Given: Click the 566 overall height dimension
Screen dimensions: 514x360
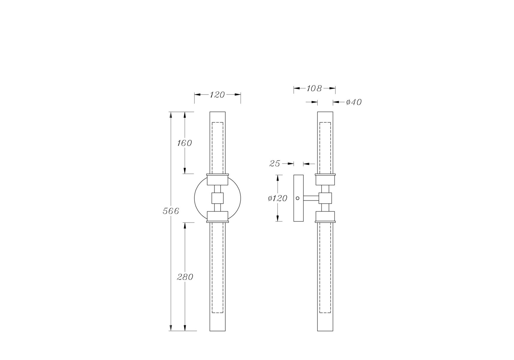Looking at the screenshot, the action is [171, 211].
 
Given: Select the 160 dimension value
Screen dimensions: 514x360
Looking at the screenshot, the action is [184, 143].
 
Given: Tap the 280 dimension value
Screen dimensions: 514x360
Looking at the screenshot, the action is [185, 277].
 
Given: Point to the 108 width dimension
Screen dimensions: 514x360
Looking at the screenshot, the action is [314, 88].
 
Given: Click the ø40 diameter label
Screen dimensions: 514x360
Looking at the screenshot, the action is [354, 102].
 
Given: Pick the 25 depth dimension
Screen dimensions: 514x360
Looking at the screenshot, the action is [275, 163].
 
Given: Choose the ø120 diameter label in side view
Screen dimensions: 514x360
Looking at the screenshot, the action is [278, 198].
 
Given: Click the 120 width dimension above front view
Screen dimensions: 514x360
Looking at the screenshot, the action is [217, 95].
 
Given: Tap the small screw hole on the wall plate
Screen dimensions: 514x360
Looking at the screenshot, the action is [298, 198].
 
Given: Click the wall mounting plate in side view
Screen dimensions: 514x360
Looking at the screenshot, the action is [299, 198].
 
